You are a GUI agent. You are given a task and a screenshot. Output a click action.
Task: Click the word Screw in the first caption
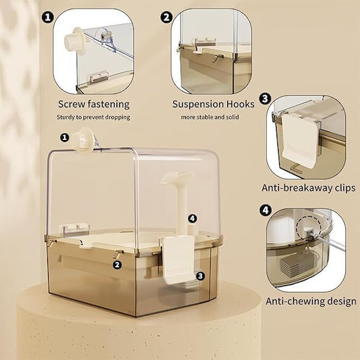coord(71,104)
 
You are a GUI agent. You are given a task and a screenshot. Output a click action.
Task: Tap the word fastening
coord(108,105)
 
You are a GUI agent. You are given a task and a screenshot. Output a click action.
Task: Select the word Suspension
coord(198,105)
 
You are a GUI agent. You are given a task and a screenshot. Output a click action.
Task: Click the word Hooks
coord(241,104)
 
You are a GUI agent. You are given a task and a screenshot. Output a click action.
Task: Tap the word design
coord(342,301)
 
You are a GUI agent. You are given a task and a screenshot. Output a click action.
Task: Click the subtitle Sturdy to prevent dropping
coord(93,117)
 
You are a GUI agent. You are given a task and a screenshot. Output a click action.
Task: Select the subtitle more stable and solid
coord(210,117)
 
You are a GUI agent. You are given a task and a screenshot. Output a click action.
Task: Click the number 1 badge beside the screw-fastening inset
coord(48,17)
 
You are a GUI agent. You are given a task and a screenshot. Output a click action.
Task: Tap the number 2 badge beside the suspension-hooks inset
coord(167,17)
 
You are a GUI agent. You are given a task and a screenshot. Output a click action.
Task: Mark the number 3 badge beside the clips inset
coord(265,99)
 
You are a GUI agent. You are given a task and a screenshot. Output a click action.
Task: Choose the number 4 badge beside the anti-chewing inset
coord(265,210)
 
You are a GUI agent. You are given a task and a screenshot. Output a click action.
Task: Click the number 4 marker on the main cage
coord(193,219)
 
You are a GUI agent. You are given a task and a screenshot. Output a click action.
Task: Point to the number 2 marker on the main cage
coord(117,265)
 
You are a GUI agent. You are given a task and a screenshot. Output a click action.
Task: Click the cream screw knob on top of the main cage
coord(83,141)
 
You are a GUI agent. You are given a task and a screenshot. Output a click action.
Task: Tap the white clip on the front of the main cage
coord(179,261)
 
